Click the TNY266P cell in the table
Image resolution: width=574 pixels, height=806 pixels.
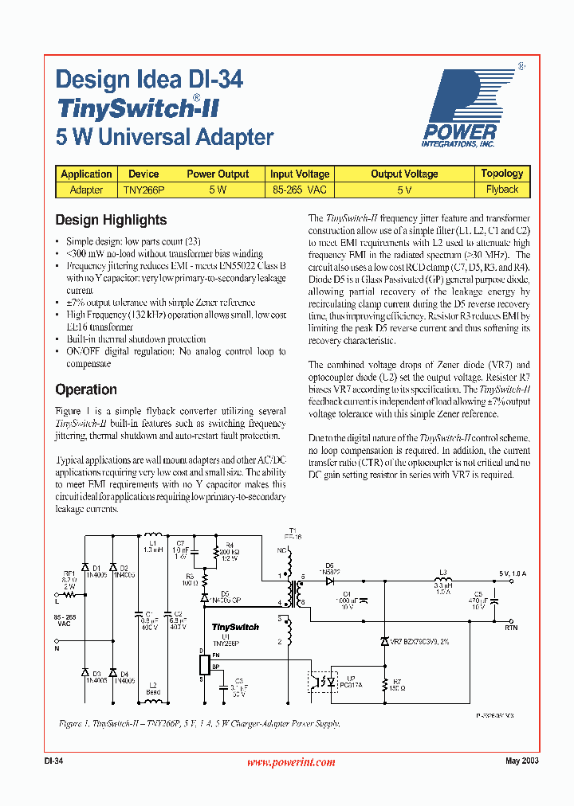[x=143, y=190]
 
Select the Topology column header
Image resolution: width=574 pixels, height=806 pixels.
[x=501, y=174]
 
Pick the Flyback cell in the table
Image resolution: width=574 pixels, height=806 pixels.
[x=501, y=190]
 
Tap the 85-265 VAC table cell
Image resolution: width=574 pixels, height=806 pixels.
[x=300, y=190]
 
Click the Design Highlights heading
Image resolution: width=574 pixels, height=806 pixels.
[x=111, y=220]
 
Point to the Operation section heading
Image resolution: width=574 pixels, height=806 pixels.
[x=86, y=389]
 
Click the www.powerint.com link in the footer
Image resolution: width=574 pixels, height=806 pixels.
[x=291, y=762]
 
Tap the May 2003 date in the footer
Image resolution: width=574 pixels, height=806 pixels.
[x=522, y=761]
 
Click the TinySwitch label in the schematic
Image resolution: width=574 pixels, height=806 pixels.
[x=235, y=627]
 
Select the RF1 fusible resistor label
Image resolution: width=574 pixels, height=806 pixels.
[x=69, y=573]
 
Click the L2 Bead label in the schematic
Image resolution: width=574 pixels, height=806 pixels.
[x=152, y=688]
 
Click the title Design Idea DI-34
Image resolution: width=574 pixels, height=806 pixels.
[x=149, y=80]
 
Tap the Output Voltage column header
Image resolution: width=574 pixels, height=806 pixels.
[x=404, y=174]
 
